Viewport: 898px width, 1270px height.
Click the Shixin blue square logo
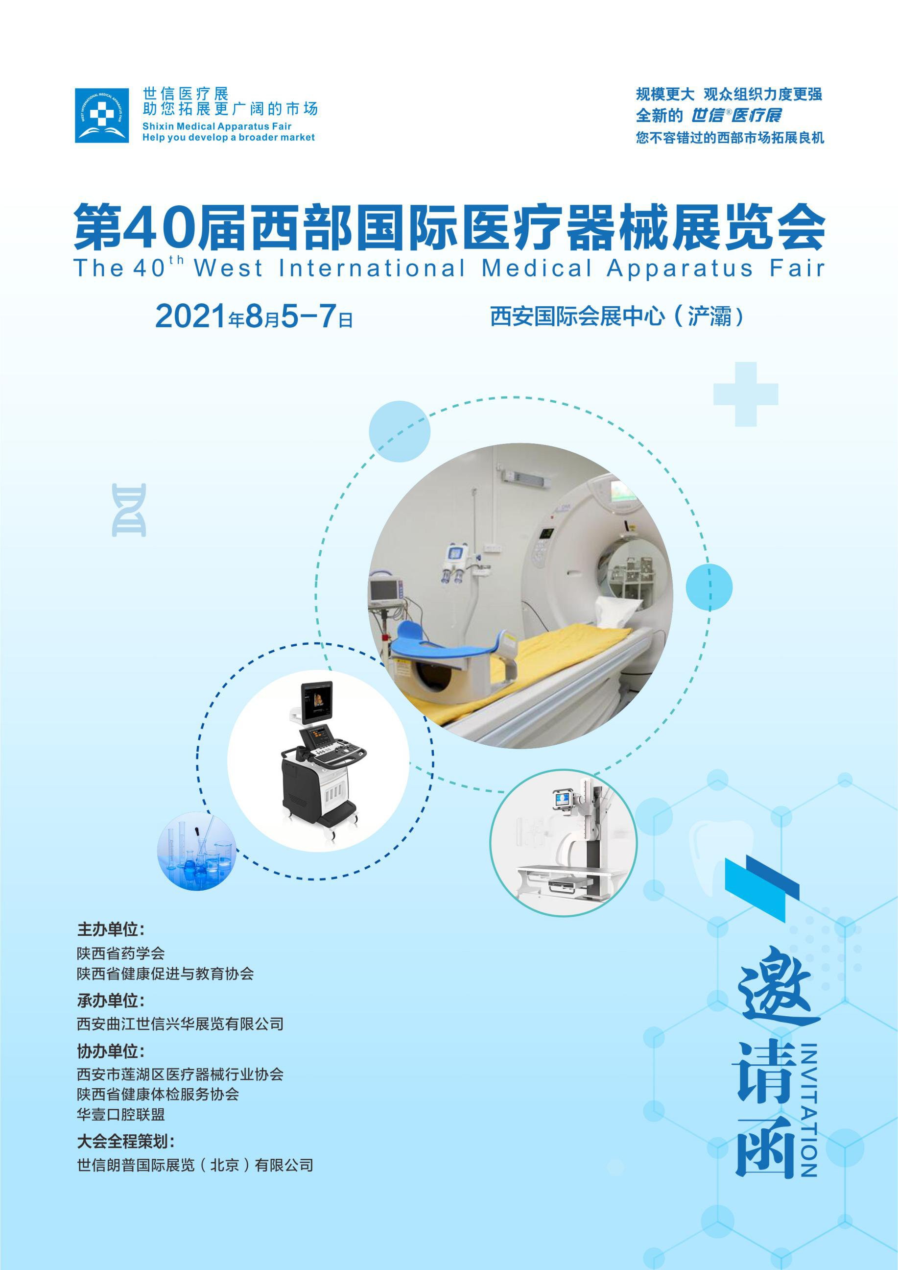pyautogui.click(x=102, y=115)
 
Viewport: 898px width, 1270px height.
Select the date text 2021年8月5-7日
pyautogui.click(x=254, y=317)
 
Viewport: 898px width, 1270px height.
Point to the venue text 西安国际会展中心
pyautogui.click(x=577, y=317)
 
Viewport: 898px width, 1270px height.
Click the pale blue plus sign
pyautogui.click(x=745, y=394)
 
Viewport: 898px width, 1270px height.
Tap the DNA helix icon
pyautogui.click(x=129, y=510)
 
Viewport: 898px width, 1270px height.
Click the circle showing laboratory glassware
pyautogui.click(x=197, y=852)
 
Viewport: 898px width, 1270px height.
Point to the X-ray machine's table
pyautogui.click(x=569, y=874)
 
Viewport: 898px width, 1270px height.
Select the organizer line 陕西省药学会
pyautogui.click(x=120, y=953)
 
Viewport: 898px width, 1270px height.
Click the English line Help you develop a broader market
pyautogui.click(x=228, y=138)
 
